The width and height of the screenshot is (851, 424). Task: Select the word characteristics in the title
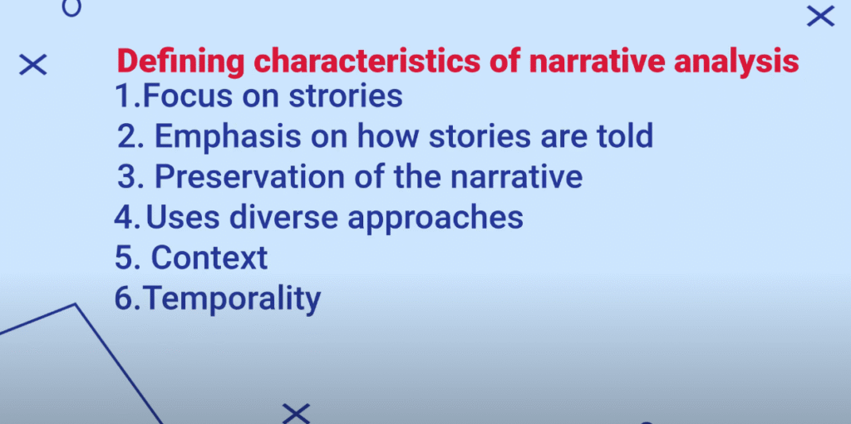pos(366,62)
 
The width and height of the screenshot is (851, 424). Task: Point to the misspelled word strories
pos(345,96)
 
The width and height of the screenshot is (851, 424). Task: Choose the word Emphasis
pos(228,137)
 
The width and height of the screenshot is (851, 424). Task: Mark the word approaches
pos(435,219)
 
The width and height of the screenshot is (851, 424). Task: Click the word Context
pos(209,258)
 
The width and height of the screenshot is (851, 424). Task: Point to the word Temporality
pos(234,299)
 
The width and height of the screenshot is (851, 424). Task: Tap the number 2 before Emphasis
pos(126,137)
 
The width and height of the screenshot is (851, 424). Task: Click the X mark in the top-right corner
pos(820,16)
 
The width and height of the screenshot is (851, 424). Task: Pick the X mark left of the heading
pos(32,65)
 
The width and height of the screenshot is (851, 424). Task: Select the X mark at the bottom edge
pos(296,413)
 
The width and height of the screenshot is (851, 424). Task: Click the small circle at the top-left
pos(71,7)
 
